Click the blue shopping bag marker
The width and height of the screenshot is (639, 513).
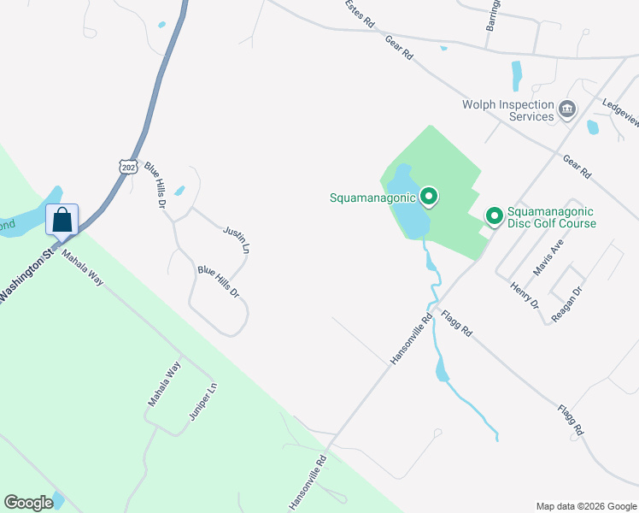62,220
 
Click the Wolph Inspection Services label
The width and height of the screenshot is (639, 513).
507,110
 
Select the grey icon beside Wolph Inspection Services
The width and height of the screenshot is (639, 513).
566,109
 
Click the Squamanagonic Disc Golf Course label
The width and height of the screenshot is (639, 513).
551,217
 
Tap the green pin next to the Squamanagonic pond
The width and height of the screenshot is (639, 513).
430,198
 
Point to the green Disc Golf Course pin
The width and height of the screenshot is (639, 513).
494,216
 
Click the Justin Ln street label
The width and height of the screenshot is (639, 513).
237,240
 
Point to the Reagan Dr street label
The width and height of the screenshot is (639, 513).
566,304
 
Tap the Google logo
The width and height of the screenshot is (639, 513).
28,503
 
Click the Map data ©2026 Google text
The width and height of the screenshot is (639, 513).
585,505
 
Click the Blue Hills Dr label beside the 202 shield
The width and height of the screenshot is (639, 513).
155,186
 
